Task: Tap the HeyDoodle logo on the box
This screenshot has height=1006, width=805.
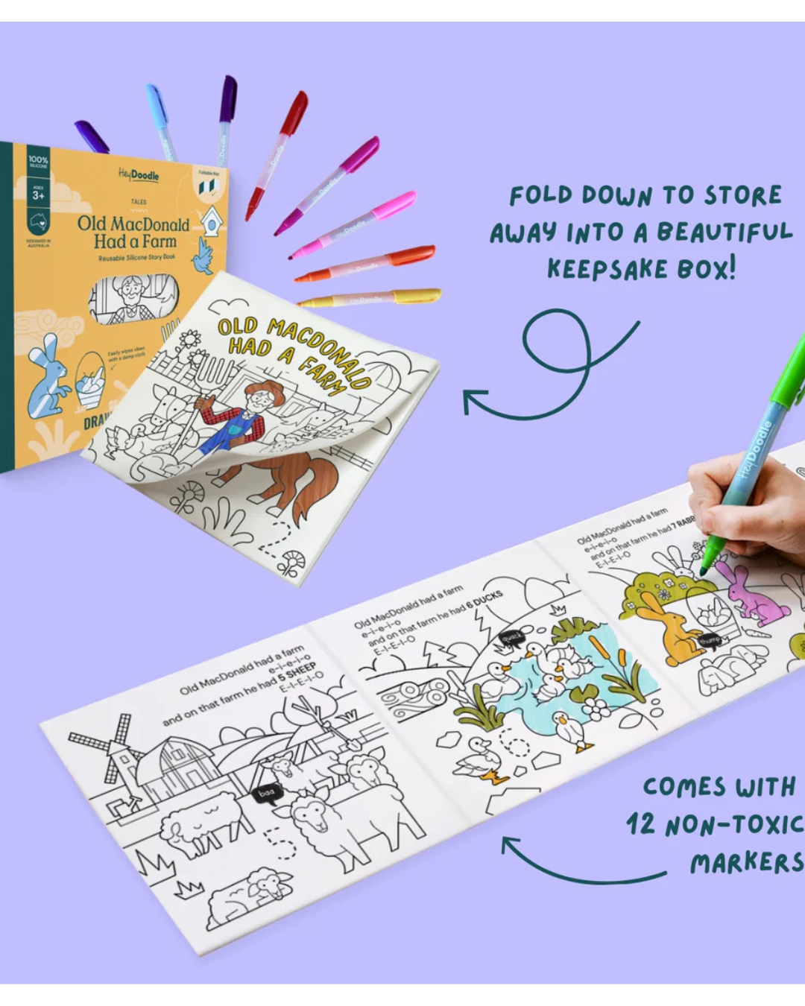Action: click(x=139, y=175)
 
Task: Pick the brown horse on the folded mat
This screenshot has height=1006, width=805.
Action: click(x=298, y=477)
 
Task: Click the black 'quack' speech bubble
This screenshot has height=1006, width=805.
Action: click(x=512, y=638)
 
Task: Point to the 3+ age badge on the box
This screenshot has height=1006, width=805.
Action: click(x=38, y=194)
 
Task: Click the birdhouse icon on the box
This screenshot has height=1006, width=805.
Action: click(x=212, y=221)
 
